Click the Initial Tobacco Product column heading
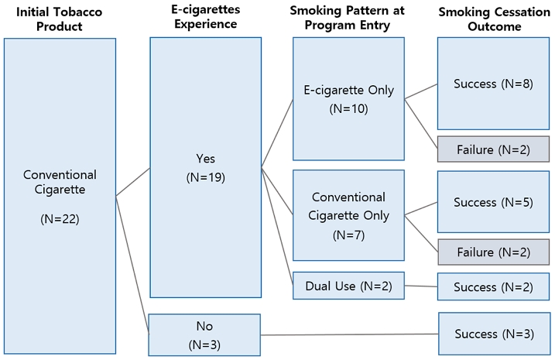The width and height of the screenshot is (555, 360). click(60, 19)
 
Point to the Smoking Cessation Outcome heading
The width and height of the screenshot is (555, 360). click(494, 19)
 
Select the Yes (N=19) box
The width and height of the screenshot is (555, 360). click(205, 167)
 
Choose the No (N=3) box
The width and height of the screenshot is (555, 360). click(204, 334)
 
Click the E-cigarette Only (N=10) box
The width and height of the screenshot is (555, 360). click(348, 98)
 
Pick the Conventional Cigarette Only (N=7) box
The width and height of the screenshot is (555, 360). click(348, 215)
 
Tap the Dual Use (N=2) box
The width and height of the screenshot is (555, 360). click(348, 286)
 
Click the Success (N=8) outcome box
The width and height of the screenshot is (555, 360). click(493, 84)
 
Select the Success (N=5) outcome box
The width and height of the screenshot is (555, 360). click(493, 203)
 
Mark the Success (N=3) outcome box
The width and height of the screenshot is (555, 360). click(493, 334)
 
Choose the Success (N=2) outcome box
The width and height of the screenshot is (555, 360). click(493, 287)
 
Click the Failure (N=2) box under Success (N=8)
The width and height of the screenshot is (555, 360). click(493, 149)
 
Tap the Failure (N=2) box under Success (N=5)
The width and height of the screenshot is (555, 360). click(493, 252)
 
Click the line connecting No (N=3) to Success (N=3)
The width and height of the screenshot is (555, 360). click(348, 335)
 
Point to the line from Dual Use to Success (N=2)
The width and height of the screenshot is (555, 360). click(421, 286)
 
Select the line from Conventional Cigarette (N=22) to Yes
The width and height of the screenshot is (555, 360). click(132, 182)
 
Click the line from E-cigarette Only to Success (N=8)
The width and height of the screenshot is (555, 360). click(421, 91)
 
